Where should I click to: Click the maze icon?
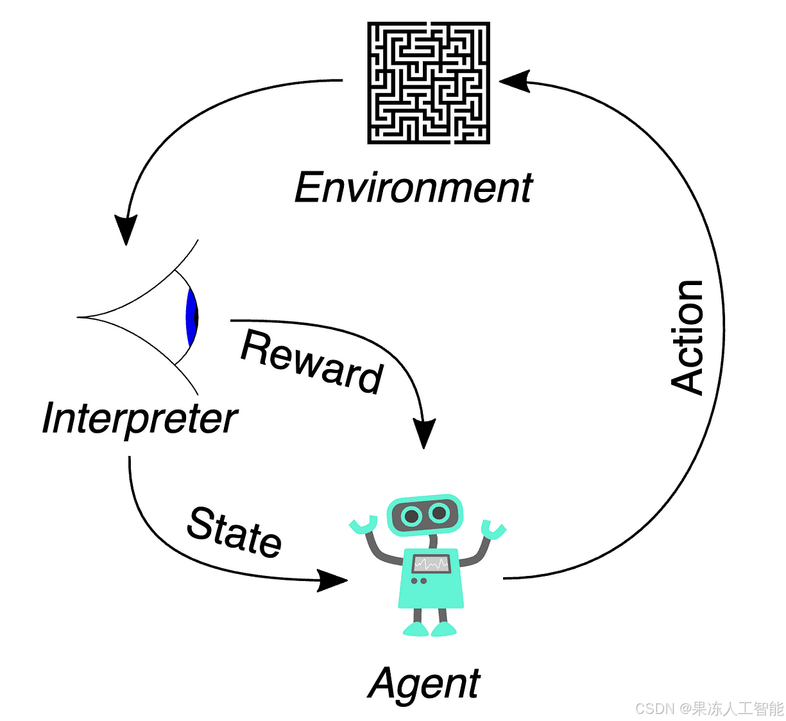click(429, 82)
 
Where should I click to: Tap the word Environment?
click(413, 187)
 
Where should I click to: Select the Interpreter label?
click(139, 419)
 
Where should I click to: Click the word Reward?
click(312, 360)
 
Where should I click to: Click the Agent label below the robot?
click(424, 683)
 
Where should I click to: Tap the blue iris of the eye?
click(191, 317)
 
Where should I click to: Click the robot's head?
click(424, 514)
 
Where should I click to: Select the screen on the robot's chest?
click(431, 564)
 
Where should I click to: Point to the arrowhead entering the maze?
click(515, 81)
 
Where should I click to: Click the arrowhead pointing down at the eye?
click(126, 229)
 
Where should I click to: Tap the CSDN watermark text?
click(709, 708)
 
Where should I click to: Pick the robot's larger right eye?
click(440, 513)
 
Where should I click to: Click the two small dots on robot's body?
click(419, 581)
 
